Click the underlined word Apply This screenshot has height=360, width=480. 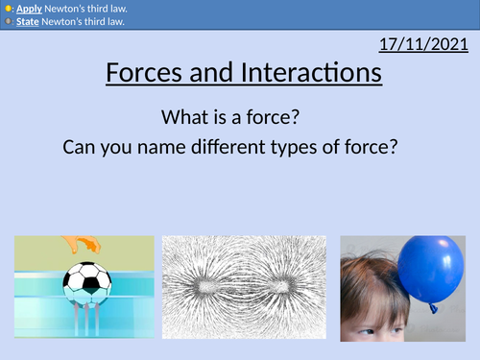point(27,8)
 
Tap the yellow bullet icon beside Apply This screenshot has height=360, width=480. point(8,8)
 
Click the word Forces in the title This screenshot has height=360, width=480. point(145,73)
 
